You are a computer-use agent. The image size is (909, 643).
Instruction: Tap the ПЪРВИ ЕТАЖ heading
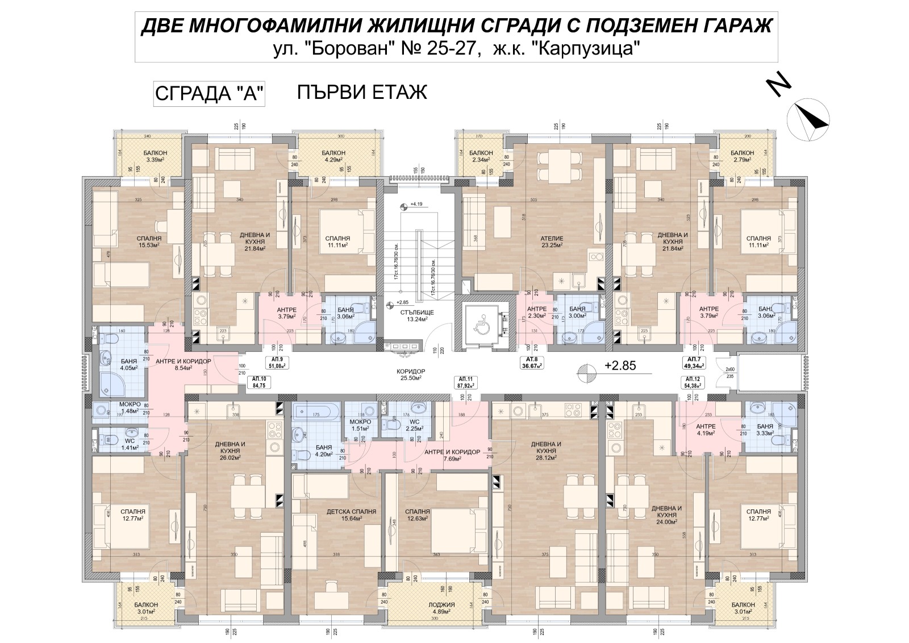point(362,92)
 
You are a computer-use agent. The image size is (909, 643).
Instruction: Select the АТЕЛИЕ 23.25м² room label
point(552,242)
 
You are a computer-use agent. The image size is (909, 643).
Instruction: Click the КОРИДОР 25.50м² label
point(412,374)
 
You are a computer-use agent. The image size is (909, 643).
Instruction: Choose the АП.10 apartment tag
point(258,381)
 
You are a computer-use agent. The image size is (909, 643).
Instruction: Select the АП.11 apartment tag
point(465,381)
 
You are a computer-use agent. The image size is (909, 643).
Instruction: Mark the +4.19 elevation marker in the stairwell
point(416,204)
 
